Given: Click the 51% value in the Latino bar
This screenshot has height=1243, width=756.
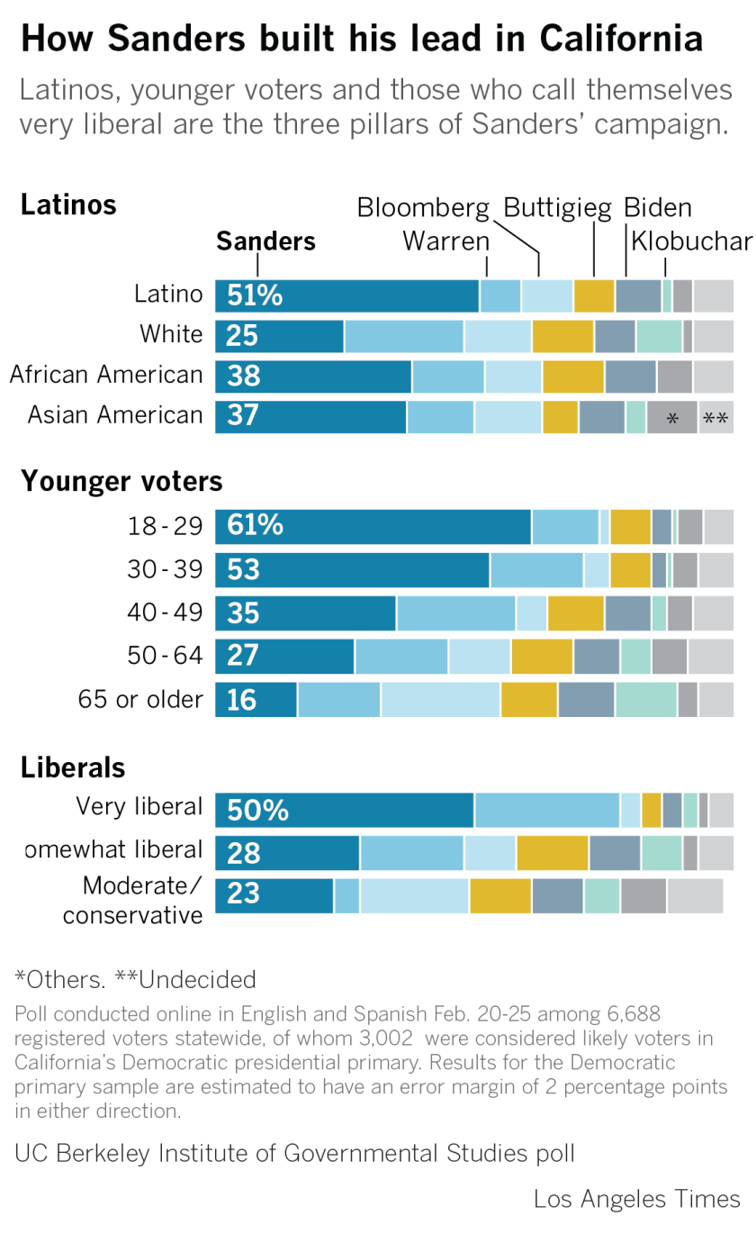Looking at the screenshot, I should tap(255, 295).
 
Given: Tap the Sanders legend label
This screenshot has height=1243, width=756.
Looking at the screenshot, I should tap(265, 241).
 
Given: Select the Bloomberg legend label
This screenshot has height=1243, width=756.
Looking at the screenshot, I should tap(423, 208).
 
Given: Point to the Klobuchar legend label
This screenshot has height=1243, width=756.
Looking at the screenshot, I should tap(691, 241).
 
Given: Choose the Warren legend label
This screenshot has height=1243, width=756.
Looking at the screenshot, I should tap(445, 241).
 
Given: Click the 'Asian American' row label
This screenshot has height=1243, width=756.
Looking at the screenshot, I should tap(115, 415).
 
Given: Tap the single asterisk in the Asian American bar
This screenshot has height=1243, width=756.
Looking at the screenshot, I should tap(671, 419).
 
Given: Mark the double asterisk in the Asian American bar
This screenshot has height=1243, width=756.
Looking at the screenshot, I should tap(715, 419).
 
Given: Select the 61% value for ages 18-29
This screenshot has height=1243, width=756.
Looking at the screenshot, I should tap(255, 526).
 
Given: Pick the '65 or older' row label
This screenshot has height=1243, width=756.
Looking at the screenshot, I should tap(139, 699).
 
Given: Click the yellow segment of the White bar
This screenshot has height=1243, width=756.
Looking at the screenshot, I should tap(562, 336).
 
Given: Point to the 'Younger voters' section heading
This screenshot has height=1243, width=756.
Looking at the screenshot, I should tap(121, 482).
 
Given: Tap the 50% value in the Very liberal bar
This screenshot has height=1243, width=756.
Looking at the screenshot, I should tap(257, 811).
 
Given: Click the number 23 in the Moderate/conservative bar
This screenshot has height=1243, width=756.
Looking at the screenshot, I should tap(243, 893).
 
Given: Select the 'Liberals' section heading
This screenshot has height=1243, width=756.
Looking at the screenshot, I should tap(73, 767).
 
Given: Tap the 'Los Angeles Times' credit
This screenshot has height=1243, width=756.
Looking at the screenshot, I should tap(636, 1200).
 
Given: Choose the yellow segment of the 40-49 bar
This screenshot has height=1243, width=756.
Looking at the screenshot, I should tap(576, 613).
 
